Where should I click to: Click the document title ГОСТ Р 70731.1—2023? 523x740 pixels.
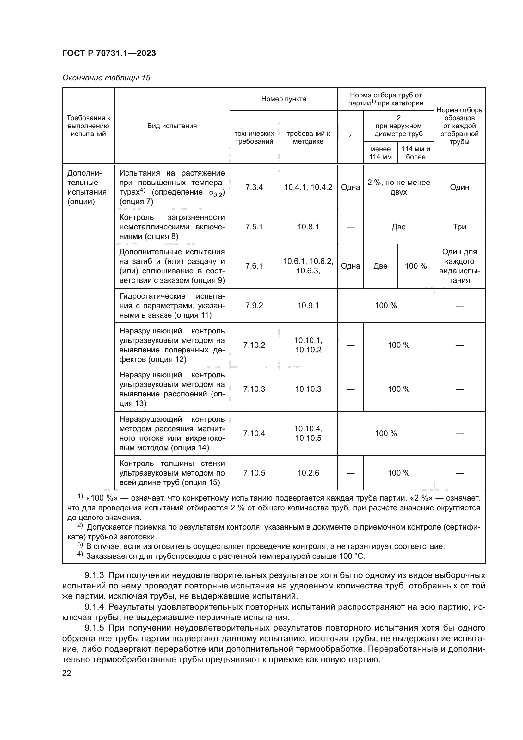[109, 53]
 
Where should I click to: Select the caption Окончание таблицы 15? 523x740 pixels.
[106, 78]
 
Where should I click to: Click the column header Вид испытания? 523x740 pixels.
[172, 126]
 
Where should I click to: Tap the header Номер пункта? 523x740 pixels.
[283, 99]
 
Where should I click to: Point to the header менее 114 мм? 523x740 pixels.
[380, 153]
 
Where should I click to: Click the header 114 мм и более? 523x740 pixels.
[415, 153]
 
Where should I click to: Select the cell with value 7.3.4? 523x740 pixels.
[254, 187]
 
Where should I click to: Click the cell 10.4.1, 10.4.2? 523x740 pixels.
[308, 187]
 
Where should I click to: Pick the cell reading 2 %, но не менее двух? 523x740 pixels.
[398, 187]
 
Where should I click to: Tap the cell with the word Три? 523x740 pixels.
[459, 227]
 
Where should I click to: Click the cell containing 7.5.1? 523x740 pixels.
[254, 227]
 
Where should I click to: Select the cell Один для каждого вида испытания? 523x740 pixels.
[459, 266]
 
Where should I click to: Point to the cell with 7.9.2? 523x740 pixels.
[254, 306]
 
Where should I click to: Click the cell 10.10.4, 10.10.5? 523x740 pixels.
[308, 433]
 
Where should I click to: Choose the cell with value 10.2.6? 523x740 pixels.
[308, 473]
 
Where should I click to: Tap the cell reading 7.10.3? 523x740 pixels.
[254, 389]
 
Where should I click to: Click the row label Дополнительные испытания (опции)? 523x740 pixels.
[87, 187]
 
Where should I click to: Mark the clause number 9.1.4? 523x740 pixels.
[94, 607]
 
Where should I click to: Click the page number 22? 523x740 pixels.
[67, 673]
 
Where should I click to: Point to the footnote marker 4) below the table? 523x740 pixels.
[80, 554]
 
